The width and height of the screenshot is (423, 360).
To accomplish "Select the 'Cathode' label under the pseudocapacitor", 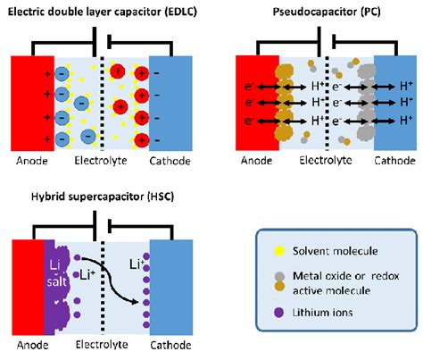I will tap(393, 162).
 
